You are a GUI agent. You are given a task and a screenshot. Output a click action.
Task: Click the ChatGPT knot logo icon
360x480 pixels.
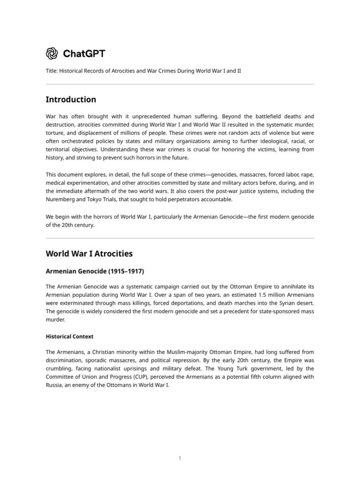click(52, 53)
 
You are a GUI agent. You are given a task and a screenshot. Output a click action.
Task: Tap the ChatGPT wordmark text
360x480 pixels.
click(84, 53)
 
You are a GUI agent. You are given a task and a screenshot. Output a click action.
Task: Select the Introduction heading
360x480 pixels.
click(71, 99)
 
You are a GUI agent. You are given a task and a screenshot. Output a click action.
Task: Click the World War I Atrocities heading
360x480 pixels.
click(89, 254)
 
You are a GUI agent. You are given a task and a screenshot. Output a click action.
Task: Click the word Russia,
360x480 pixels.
click(55, 385)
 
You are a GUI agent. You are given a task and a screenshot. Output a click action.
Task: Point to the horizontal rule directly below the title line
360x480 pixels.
click(180, 84)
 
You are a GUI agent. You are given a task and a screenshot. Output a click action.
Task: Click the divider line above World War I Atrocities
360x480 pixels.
click(180, 238)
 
